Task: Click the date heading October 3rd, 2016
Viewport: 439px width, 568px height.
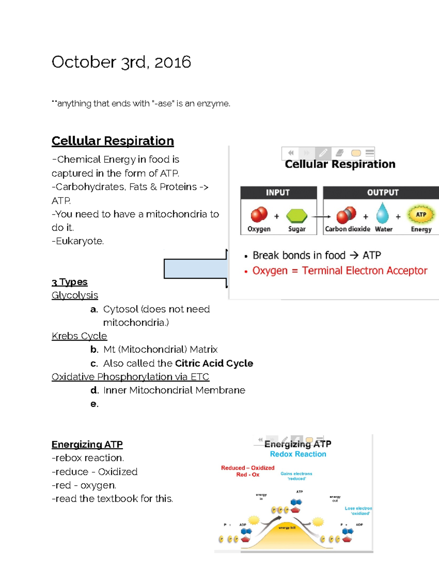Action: [121, 62]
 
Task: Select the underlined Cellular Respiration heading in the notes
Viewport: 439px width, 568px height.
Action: [113, 141]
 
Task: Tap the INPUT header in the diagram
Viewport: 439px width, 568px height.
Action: [278, 192]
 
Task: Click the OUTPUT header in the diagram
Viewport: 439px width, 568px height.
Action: [383, 192]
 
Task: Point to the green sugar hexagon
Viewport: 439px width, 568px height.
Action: [297, 216]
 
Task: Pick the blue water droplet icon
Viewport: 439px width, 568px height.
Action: [383, 213]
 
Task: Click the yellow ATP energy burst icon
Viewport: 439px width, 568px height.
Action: [421, 215]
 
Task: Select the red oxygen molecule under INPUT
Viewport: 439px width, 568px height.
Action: [259, 215]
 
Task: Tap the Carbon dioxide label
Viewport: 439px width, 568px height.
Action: [348, 229]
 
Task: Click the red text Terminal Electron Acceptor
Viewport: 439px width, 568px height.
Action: [364, 271]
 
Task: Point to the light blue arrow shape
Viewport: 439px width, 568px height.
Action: [195, 269]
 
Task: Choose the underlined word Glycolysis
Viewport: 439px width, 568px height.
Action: [75, 295]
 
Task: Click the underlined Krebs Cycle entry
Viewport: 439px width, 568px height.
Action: [79, 336]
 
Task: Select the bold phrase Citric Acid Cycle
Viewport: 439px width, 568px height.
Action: [214, 363]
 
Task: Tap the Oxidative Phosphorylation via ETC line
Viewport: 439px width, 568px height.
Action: [130, 377]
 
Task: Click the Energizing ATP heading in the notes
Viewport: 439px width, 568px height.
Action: [87, 444]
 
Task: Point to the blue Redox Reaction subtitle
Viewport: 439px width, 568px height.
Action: [298, 454]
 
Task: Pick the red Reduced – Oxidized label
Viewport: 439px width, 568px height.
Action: [248, 468]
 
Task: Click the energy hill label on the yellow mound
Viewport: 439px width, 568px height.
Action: [287, 528]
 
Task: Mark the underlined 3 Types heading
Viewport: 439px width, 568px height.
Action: [70, 282]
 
